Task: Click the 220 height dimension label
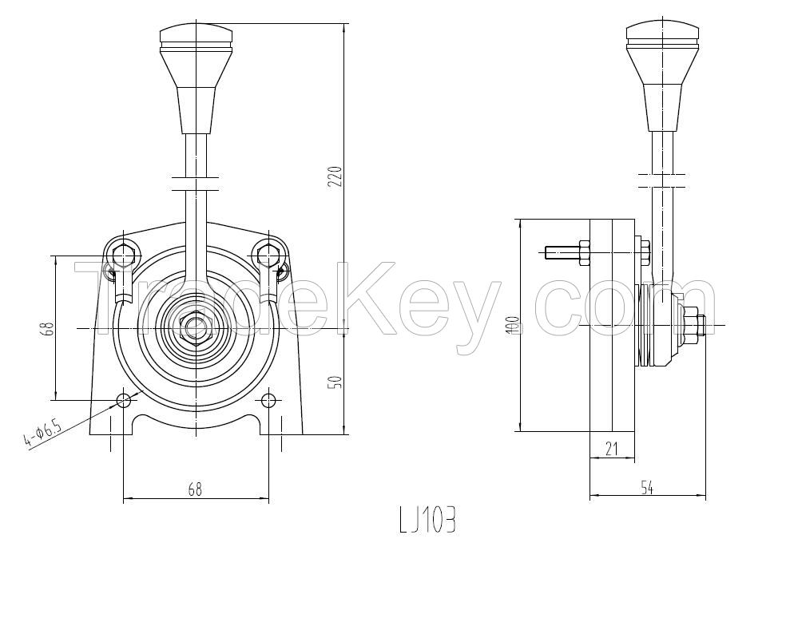(337, 176)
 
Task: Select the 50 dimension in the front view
(337, 382)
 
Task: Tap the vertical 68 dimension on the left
(49, 327)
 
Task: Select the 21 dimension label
(612, 449)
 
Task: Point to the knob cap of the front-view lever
(196, 35)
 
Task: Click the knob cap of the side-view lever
(663, 33)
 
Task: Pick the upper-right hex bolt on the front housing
(268, 256)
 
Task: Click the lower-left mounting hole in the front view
(123, 399)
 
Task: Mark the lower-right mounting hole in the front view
(268, 399)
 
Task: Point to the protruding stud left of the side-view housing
(564, 252)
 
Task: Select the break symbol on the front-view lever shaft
(196, 184)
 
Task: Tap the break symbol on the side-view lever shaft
(663, 178)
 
